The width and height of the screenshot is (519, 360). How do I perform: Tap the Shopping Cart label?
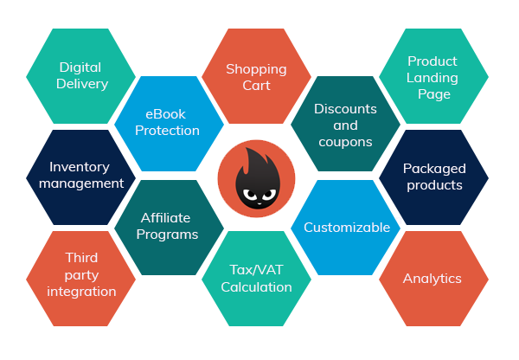click(x=256, y=77)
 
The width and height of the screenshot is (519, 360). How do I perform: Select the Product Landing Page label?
click(x=432, y=77)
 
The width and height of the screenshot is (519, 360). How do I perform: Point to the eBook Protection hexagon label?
click(x=166, y=122)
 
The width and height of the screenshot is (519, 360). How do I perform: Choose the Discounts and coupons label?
click(x=345, y=125)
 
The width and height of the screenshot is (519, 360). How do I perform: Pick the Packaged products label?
click(x=433, y=177)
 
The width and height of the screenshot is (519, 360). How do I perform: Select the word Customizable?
click(x=346, y=228)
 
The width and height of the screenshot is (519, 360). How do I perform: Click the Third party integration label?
click(x=81, y=274)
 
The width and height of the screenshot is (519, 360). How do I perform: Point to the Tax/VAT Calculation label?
click(x=256, y=278)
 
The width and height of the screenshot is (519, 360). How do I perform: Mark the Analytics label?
click(x=432, y=279)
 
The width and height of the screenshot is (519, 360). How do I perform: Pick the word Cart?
click(x=256, y=86)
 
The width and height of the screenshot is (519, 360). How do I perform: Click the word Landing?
click(x=432, y=78)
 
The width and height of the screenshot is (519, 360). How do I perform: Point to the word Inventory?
click(x=80, y=167)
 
